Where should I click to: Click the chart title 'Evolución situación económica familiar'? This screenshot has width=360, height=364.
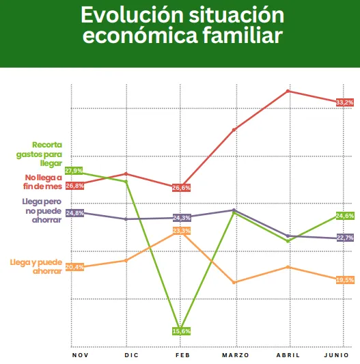click(x=180, y=25)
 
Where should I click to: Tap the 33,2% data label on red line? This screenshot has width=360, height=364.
click(x=345, y=102)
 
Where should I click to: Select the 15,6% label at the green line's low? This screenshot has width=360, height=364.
click(x=181, y=331)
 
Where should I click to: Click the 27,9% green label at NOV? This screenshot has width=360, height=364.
click(x=74, y=171)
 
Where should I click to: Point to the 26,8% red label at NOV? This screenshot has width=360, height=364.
click(x=74, y=185)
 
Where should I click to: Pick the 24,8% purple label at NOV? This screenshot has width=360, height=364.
click(x=74, y=213)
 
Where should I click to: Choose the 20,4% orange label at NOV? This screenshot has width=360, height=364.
click(x=74, y=267)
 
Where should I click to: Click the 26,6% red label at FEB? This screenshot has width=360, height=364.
click(x=182, y=187)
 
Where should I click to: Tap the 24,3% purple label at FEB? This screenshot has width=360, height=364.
click(x=182, y=218)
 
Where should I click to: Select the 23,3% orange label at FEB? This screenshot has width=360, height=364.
click(x=182, y=232)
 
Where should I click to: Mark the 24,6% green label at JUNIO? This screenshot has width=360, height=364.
click(x=345, y=216)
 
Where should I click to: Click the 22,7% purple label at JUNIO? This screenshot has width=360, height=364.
click(x=345, y=238)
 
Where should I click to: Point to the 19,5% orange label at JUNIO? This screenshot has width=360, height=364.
click(x=345, y=279)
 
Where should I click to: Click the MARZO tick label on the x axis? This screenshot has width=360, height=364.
click(x=236, y=355)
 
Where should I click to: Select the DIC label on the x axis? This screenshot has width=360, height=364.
click(x=132, y=355)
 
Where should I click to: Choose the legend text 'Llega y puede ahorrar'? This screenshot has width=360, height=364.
click(x=36, y=266)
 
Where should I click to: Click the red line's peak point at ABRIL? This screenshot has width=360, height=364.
click(x=289, y=91)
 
